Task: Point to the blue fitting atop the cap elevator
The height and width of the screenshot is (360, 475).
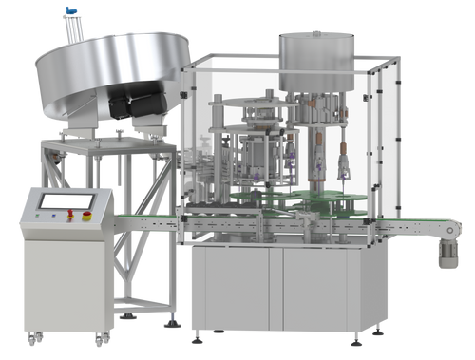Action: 68,11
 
